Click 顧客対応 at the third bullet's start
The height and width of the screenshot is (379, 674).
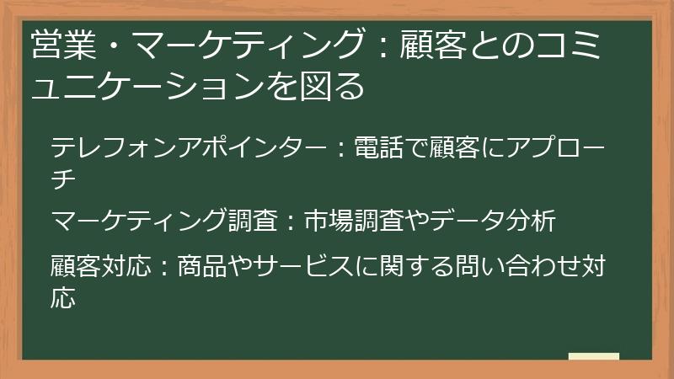100,266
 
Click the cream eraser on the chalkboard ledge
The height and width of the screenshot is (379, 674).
594,357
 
